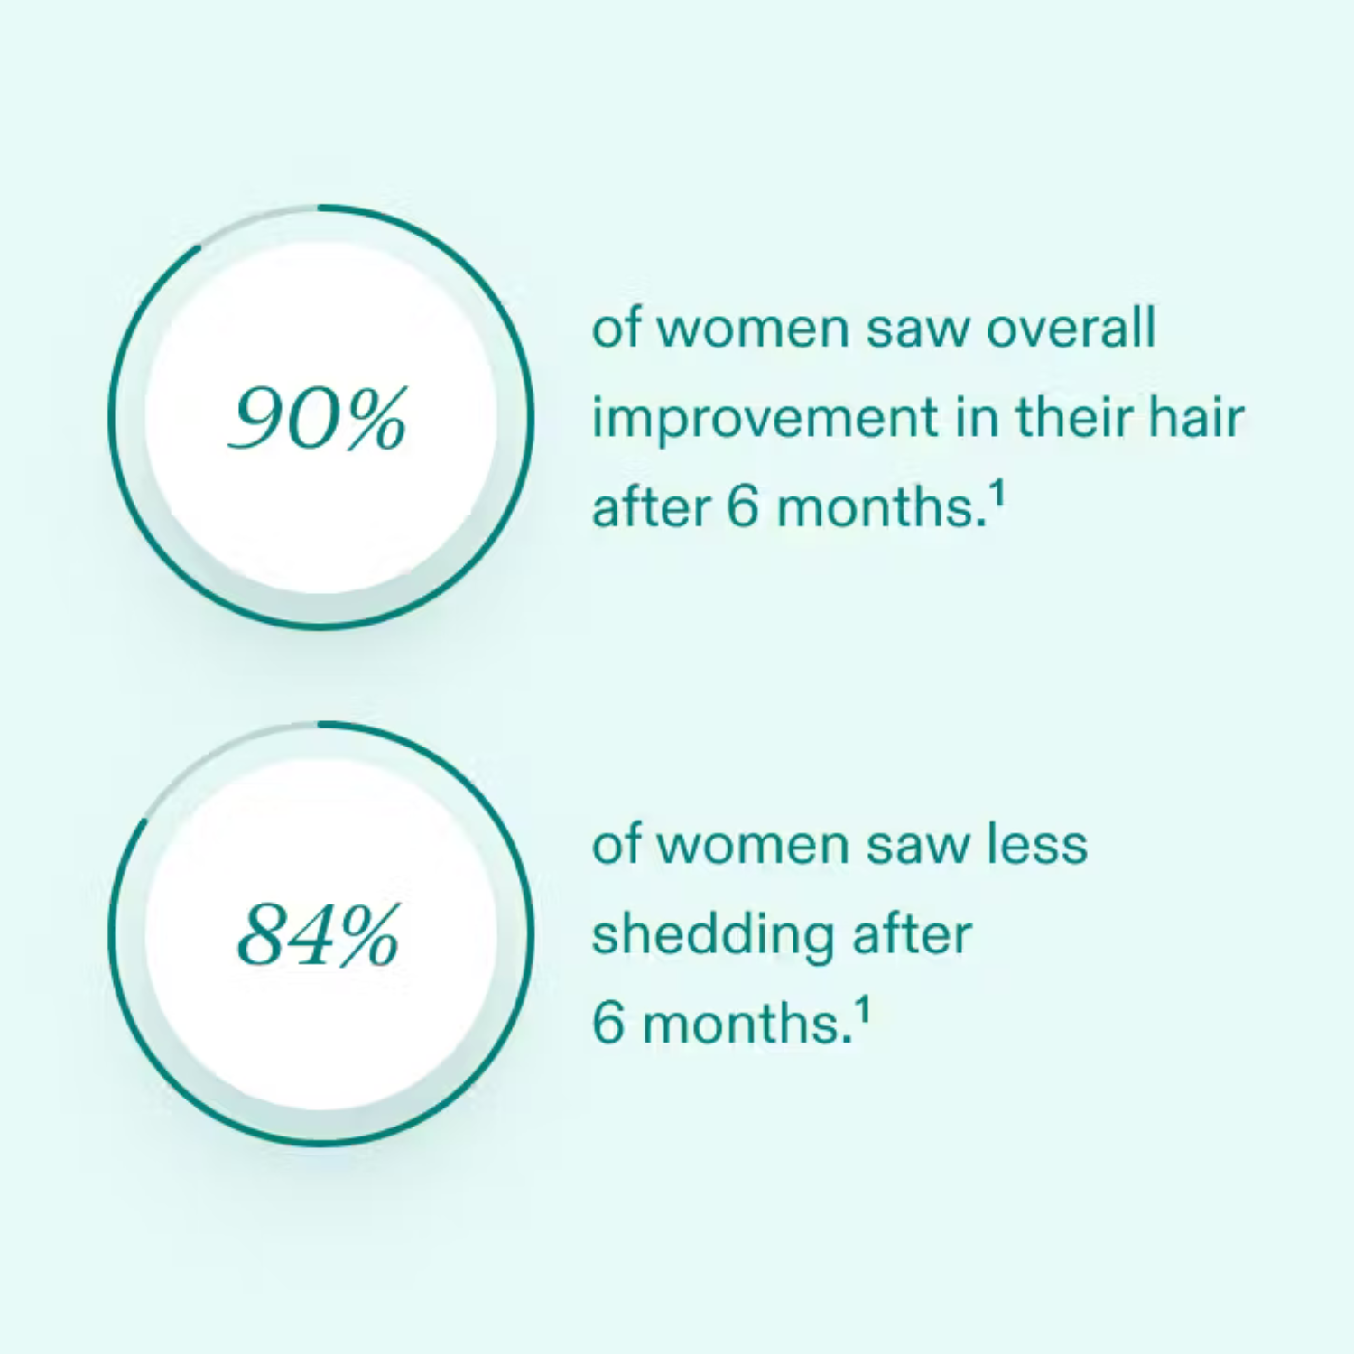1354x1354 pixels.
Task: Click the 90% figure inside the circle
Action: click(x=318, y=418)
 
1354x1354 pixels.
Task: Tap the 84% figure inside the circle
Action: click(x=318, y=935)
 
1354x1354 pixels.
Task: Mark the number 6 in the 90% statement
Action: click(x=743, y=507)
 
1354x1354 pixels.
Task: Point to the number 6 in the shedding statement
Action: click(x=607, y=1024)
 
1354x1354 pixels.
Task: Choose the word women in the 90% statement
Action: click(x=753, y=329)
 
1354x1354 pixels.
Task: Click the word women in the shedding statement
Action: click(x=753, y=846)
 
